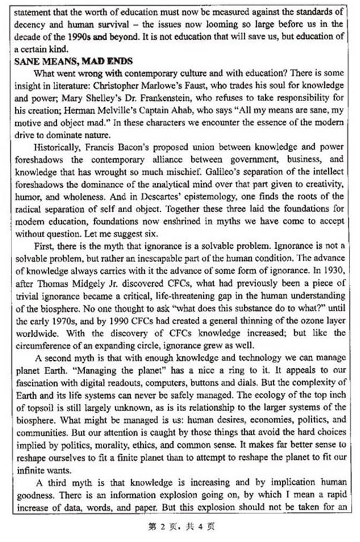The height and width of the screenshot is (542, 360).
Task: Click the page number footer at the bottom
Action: tap(181, 527)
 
